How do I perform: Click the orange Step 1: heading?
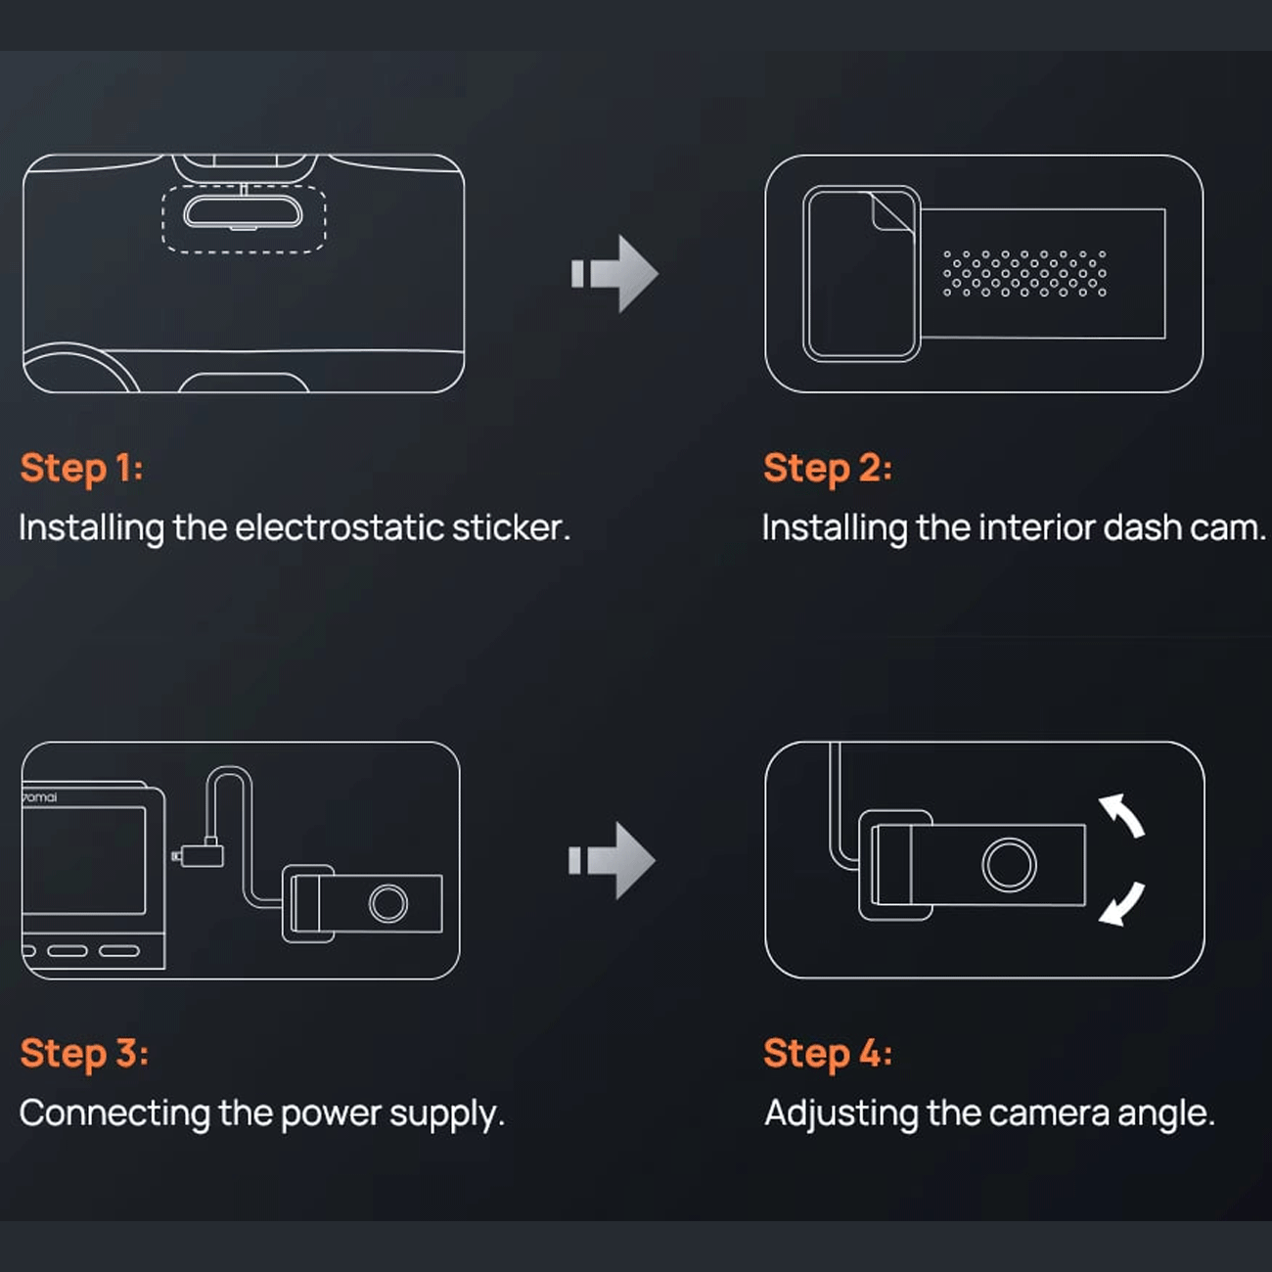tap(81, 468)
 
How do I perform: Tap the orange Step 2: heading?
tap(828, 468)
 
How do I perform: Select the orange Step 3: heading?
tap(84, 1053)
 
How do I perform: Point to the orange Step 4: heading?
tap(828, 1053)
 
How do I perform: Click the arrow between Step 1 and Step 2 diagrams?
tap(614, 273)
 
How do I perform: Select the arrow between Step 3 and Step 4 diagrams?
tap(612, 860)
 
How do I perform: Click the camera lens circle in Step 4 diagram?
tap(1009, 865)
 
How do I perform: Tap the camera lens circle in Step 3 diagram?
tap(388, 904)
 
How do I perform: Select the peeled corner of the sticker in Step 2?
tap(892, 212)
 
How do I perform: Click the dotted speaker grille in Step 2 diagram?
tap(1024, 273)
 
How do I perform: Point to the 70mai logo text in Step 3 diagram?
tap(39, 797)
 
